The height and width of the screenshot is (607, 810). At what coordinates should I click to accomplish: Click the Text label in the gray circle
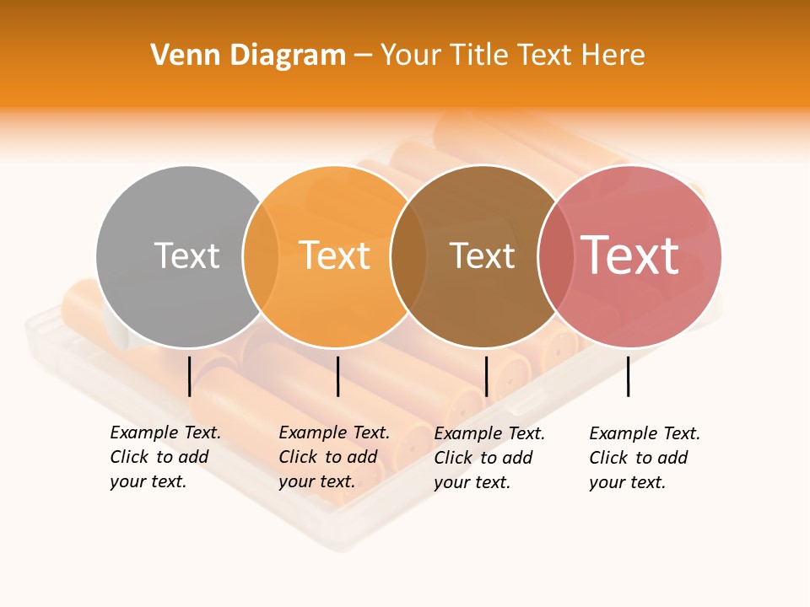(x=186, y=255)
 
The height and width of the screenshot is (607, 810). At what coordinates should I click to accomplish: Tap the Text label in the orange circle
(x=334, y=255)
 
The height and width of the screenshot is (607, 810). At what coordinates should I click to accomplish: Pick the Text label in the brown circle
(x=482, y=255)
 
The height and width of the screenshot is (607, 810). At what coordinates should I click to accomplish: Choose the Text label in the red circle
(x=629, y=255)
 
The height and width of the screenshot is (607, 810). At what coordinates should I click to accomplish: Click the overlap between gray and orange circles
(x=261, y=256)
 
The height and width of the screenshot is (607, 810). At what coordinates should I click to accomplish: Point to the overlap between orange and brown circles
(x=408, y=256)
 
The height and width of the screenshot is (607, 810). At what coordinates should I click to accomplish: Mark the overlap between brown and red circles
(x=555, y=256)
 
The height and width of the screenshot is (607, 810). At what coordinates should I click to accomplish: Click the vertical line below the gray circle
(x=190, y=376)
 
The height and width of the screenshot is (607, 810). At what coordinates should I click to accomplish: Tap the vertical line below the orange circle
(x=337, y=376)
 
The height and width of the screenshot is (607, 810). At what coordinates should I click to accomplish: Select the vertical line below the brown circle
(x=486, y=376)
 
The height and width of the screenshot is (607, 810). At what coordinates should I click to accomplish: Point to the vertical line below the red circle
(x=628, y=376)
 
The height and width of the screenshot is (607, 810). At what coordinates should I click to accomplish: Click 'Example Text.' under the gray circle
(x=165, y=432)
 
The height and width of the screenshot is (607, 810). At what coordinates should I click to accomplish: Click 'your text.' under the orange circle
(x=316, y=481)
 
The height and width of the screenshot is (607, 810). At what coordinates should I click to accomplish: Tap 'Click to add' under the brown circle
(x=483, y=458)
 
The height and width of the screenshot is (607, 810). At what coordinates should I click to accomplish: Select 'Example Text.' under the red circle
(x=645, y=433)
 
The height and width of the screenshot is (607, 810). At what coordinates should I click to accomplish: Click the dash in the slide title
(x=363, y=56)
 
